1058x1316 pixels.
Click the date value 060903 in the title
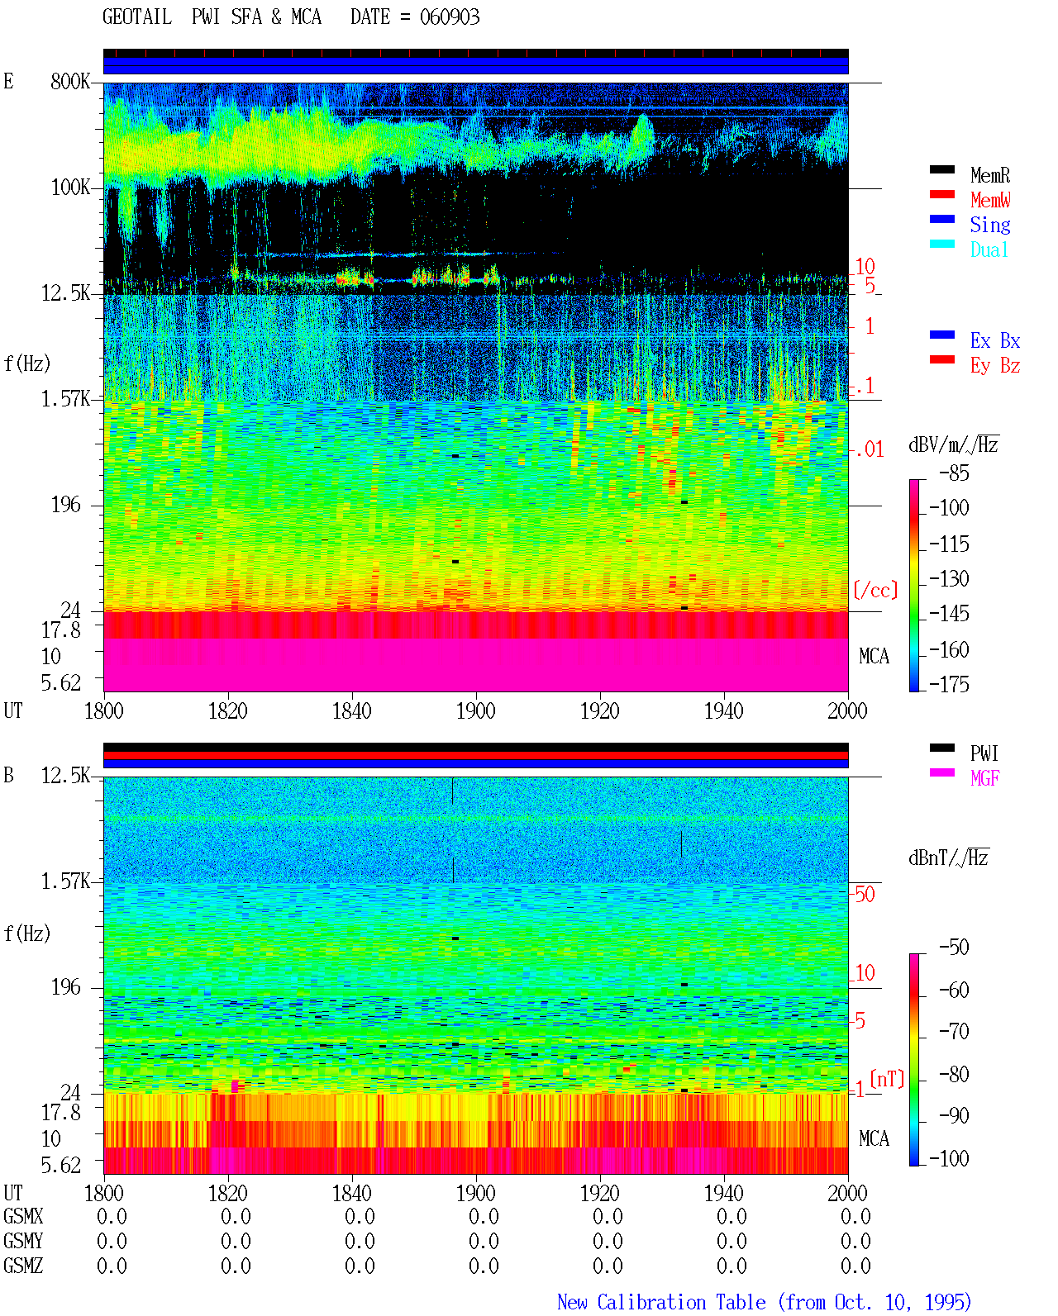tap(449, 17)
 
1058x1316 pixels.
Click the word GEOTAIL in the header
tap(137, 17)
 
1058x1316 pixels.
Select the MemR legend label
tap(989, 175)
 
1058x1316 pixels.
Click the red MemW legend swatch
tap(941, 194)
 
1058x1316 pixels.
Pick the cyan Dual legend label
tap(989, 250)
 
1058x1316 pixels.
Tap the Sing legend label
tap(989, 225)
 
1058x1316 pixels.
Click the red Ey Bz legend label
tap(995, 366)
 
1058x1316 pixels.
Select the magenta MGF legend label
tap(984, 778)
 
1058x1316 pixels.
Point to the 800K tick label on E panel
tap(70, 81)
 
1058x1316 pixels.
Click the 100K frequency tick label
tap(70, 188)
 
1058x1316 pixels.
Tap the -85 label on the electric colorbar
tap(954, 473)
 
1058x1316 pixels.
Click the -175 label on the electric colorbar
tap(949, 684)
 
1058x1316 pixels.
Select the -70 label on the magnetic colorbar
tap(954, 1032)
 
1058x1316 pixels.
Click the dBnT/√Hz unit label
tap(949, 858)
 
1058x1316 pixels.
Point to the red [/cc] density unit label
tap(875, 590)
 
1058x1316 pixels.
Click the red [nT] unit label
tap(887, 1079)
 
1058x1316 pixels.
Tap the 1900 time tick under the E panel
tap(475, 710)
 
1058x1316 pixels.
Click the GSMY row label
tap(23, 1241)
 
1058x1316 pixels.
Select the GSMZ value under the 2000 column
tap(855, 1266)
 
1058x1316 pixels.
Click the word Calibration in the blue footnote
tap(681, 1302)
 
